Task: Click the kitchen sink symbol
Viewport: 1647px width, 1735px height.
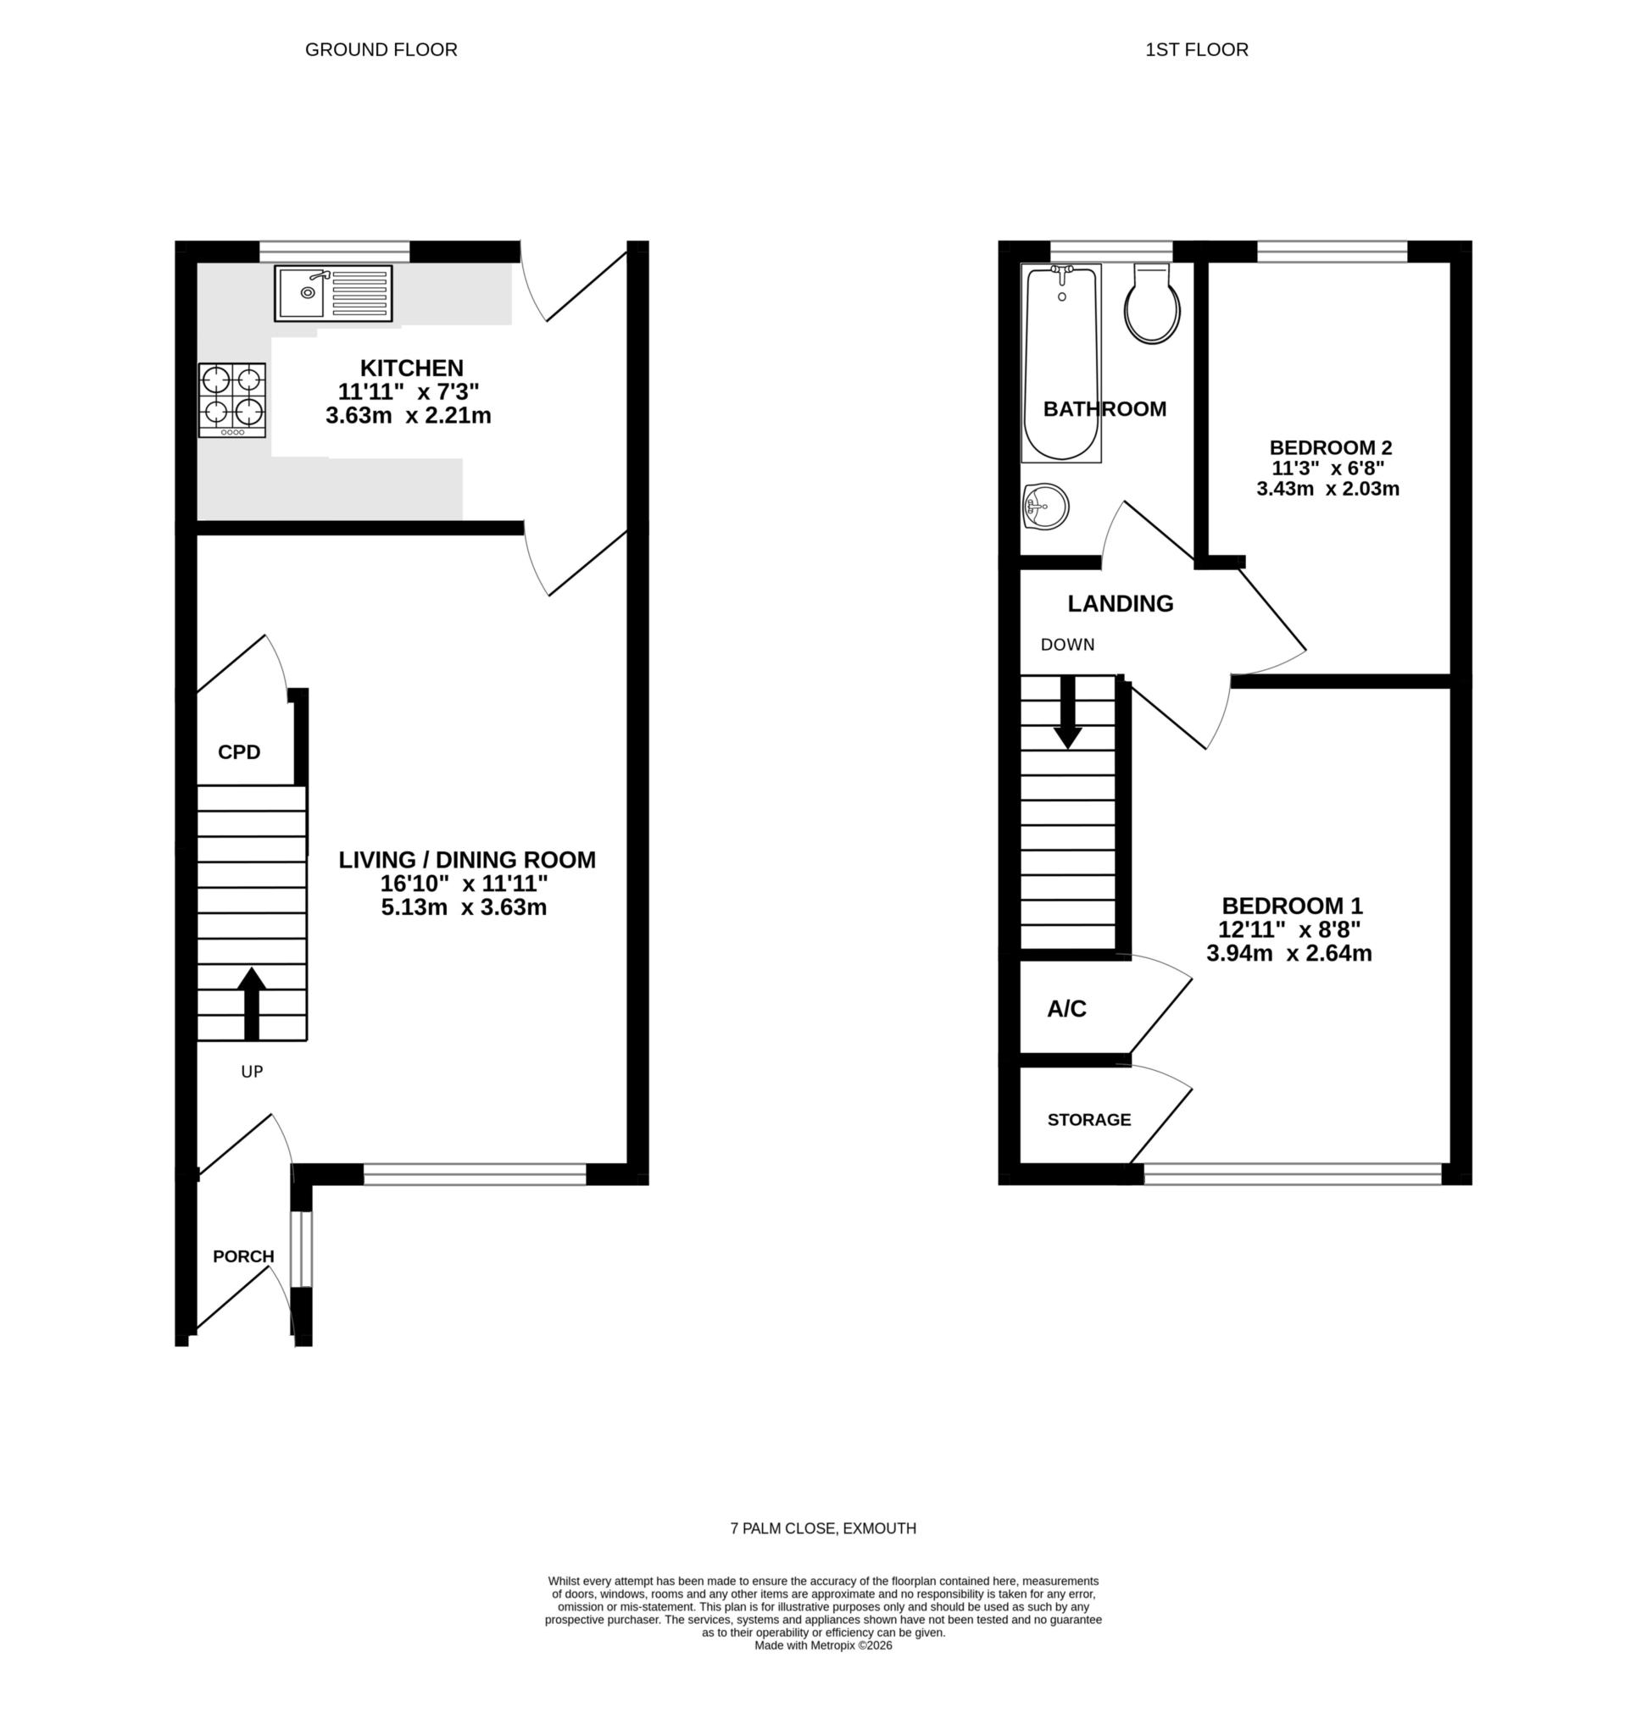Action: (333, 293)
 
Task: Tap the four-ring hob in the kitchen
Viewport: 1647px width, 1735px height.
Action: (231, 400)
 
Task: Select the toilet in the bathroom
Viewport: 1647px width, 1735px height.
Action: (1152, 303)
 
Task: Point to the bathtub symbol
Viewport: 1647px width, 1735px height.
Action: (1060, 363)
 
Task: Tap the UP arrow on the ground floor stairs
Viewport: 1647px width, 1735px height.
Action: (251, 1002)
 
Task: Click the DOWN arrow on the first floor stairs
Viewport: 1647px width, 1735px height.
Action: (1066, 711)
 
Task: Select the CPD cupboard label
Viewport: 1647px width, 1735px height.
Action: (239, 752)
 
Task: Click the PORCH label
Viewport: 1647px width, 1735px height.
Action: (243, 1256)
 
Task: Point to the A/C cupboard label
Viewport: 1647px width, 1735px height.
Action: (1066, 1009)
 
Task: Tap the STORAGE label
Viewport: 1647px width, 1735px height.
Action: (1088, 1120)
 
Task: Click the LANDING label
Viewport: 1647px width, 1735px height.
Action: (1120, 604)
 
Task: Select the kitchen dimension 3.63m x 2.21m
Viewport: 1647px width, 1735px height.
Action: (409, 416)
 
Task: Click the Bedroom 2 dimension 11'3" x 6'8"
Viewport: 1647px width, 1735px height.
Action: (1327, 468)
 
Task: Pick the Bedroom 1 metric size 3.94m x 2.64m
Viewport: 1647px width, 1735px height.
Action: (1288, 954)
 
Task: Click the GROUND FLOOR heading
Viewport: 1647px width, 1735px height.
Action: (381, 50)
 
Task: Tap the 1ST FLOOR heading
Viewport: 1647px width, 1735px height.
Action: (1196, 50)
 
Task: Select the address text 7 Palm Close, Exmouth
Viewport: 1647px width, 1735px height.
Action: (822, 1528)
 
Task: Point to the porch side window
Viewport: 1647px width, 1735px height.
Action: (301, 1249)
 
